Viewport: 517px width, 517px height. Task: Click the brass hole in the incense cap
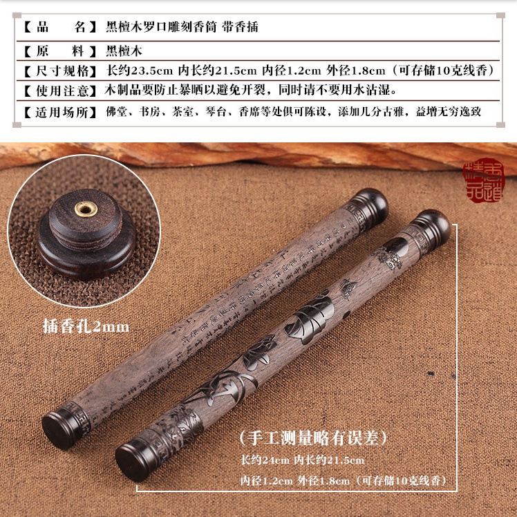point(86,207)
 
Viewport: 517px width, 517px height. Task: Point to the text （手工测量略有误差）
point(312,438)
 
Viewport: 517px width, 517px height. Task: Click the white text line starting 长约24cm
point(302,460)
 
